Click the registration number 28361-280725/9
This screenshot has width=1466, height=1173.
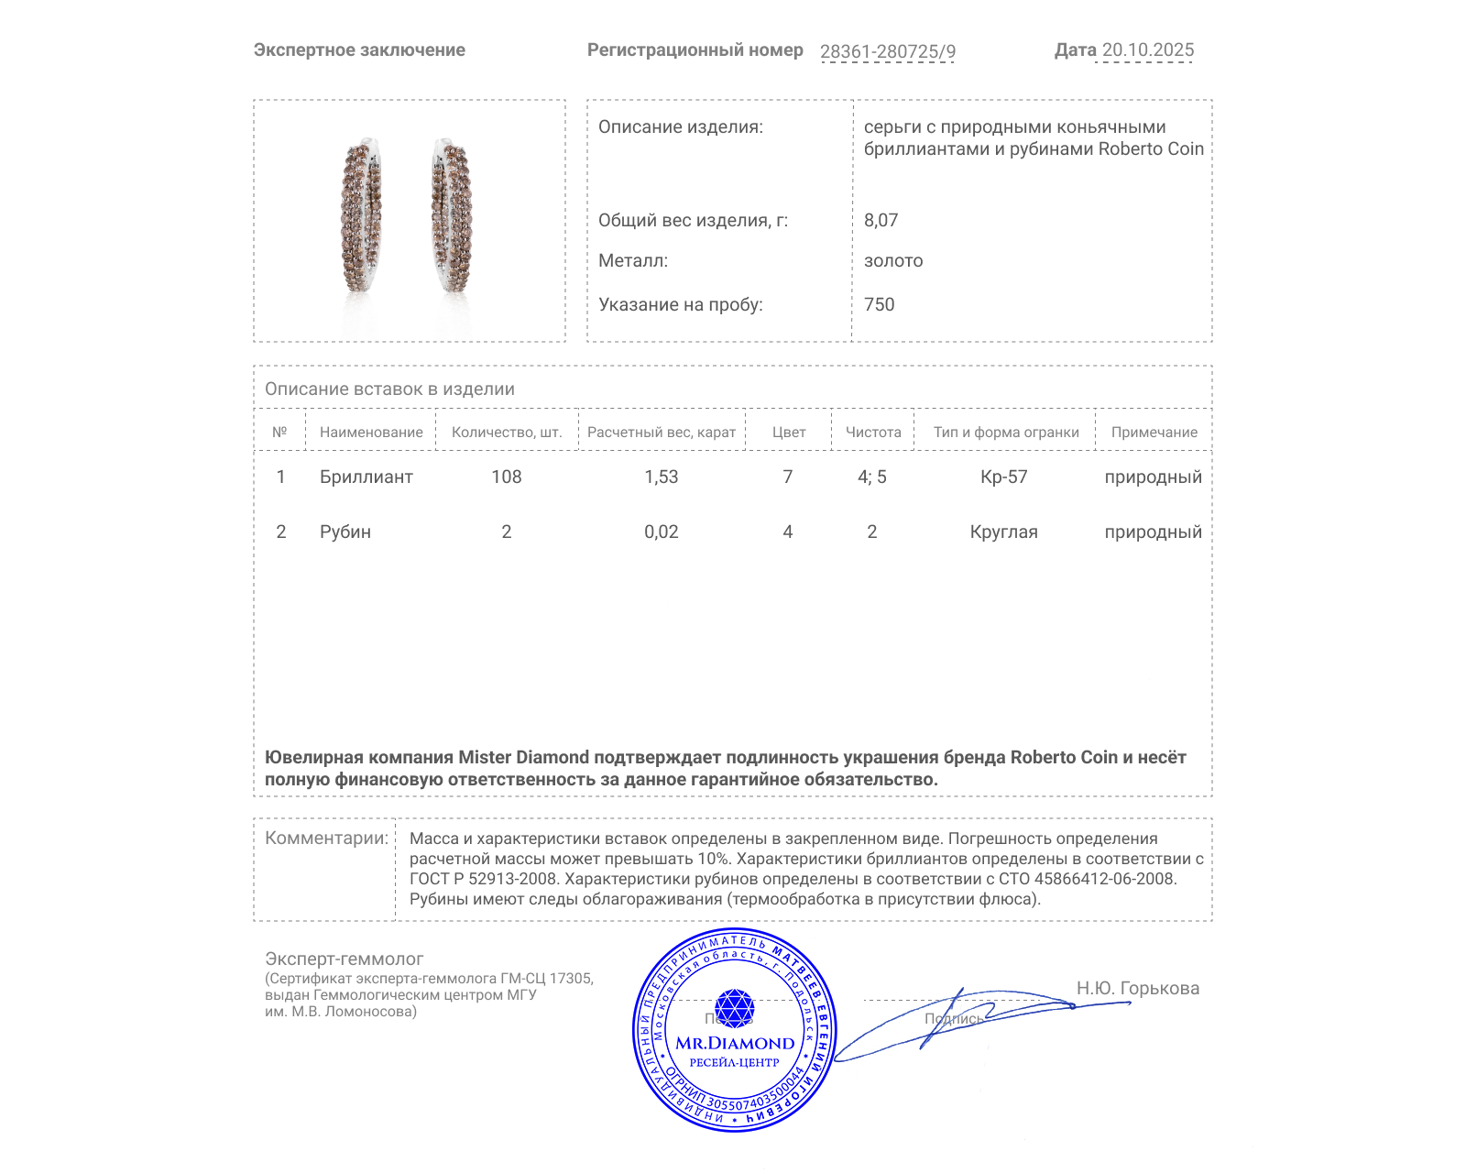887,51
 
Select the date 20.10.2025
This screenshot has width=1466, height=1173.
1147,50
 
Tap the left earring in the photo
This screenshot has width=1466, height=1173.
361,217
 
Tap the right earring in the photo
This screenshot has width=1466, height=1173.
451,217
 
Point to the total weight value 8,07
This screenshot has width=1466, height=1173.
881,220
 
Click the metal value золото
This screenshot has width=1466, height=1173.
893,261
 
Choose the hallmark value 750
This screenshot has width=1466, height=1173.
879,304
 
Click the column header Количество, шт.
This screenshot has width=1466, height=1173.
507,433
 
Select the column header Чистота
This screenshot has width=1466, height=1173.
873,433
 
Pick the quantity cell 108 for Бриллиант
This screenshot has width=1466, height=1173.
507,477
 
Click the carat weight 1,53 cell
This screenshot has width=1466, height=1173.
662,477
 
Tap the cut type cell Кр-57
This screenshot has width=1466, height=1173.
1004,477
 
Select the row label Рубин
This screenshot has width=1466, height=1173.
345,532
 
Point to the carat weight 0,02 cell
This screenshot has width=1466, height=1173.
662,532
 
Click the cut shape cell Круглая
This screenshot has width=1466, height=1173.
1004,532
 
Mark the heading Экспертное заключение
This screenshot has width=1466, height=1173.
359,50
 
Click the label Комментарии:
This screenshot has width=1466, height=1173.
326,838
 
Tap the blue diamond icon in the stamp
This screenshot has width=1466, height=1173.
734,1008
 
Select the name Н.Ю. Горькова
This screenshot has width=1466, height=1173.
1137,988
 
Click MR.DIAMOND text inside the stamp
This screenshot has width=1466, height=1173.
735,1043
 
